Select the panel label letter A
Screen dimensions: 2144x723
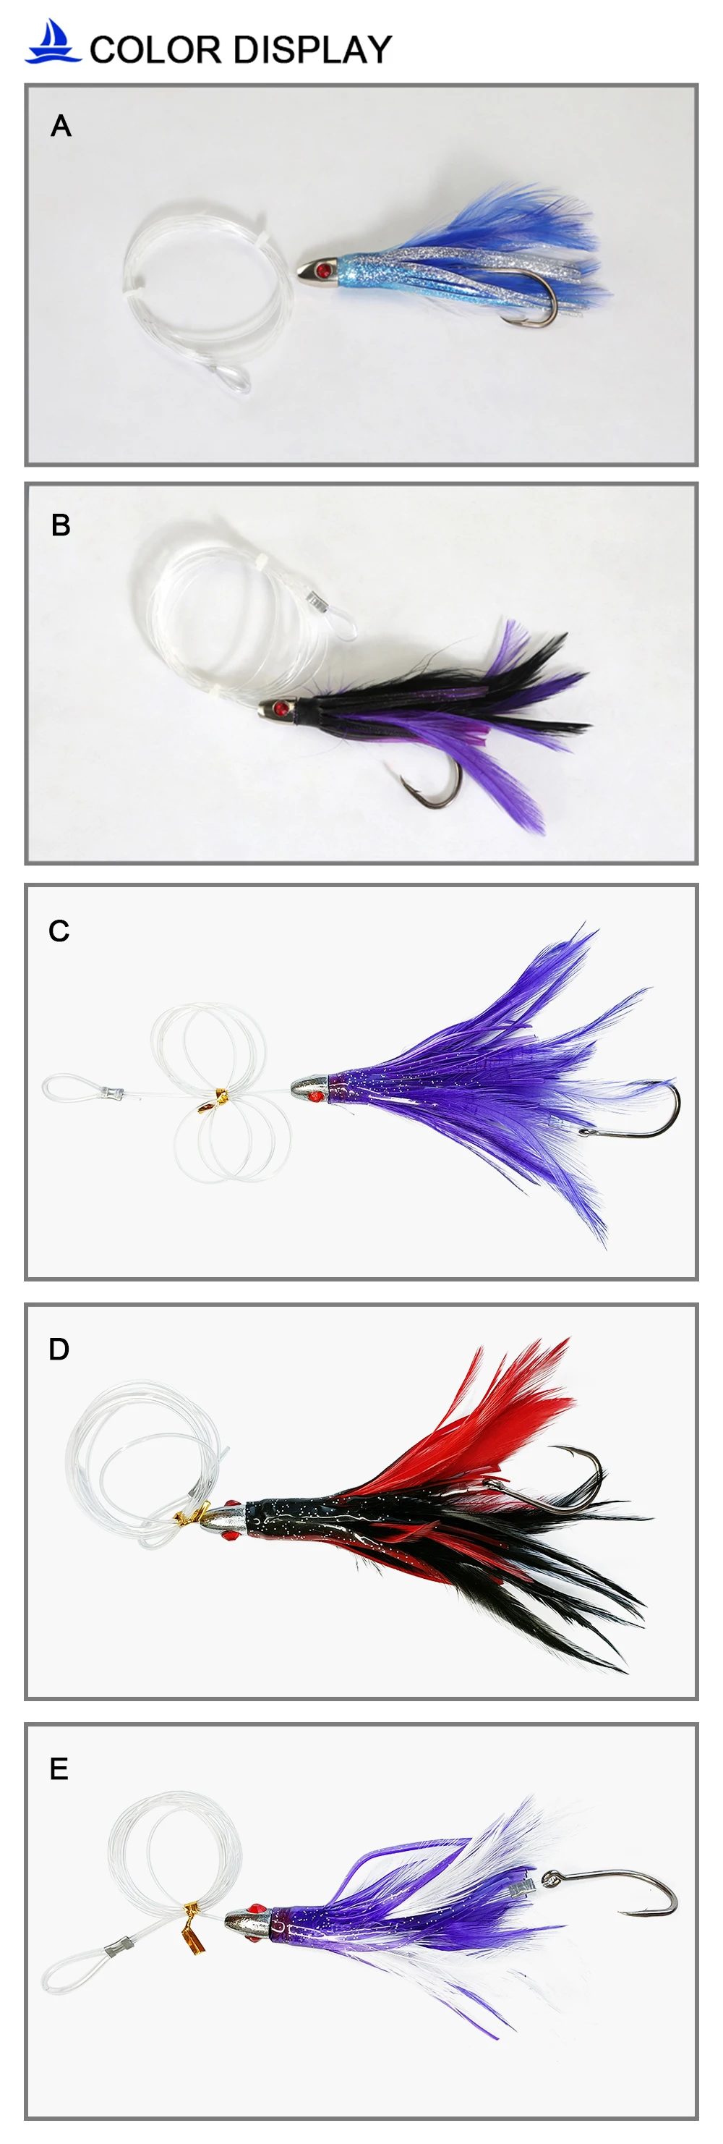(x=61, y=127)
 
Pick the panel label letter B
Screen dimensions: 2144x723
(x=61, y=525)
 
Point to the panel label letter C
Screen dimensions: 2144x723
(x=59, y=931)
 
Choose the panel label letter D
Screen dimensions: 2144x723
(x=59, y=1349)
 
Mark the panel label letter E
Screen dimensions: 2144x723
(x=59, y=1768)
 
